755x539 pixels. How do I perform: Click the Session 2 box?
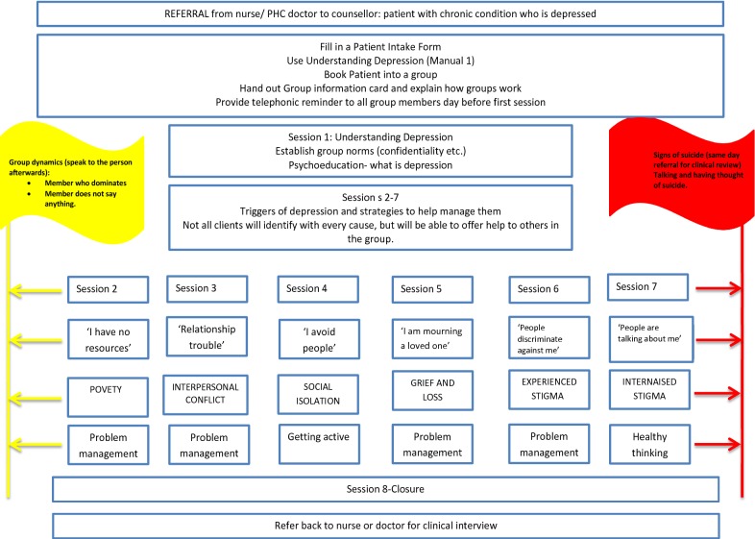(x=108, y=289)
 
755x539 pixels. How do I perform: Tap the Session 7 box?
(x=647, y=287)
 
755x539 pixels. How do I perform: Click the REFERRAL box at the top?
(x=377, y=14)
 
